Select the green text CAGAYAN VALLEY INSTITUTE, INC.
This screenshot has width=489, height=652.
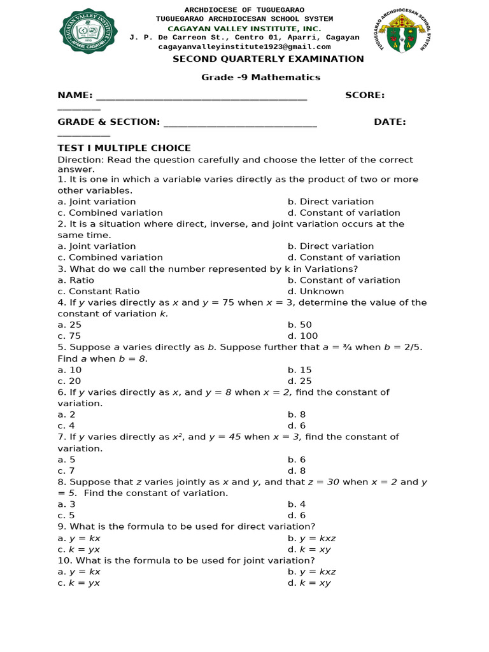(244, 29)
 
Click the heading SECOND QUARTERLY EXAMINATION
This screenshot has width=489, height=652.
(268, 59)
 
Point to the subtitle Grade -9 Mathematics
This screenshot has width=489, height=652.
(261, 77)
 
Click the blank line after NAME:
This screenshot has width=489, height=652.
(201, 96)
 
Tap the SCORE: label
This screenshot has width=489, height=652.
(364, 95)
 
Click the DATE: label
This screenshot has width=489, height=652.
(390, 122)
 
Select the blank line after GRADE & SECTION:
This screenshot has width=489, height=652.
(240, 122)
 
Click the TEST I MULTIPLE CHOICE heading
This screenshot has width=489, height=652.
(124, 148)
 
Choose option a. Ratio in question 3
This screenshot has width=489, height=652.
(76, 280)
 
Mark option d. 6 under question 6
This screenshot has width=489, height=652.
(297, 425)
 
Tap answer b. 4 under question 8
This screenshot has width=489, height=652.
(297, 504)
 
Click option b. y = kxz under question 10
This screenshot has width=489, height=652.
(311, 572)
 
